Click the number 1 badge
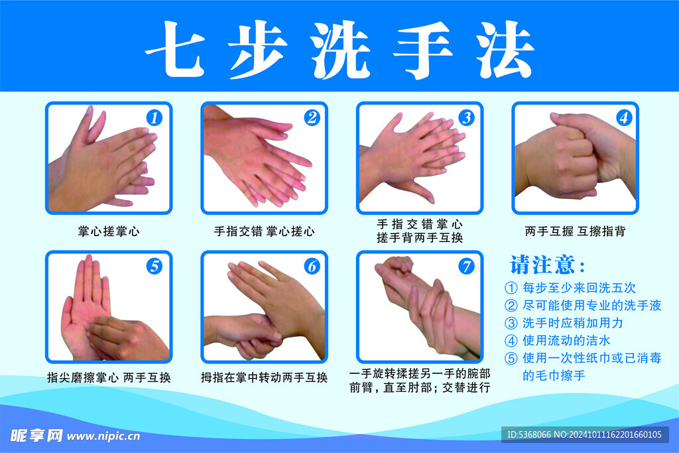[154, 119]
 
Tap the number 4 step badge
[623, 119]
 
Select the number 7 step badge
[467, 267]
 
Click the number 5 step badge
[154, 267]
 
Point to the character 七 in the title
[174, 50]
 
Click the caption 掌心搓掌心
[109, 231]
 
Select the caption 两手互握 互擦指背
[575, 231]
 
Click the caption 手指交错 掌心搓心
[264, 231]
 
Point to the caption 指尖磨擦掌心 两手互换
[109, 378]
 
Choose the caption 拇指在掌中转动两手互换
[264, 378]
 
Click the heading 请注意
[547, 265]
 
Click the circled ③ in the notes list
[511, 324]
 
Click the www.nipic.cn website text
[103, 436]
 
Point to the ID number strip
[584, 435]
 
